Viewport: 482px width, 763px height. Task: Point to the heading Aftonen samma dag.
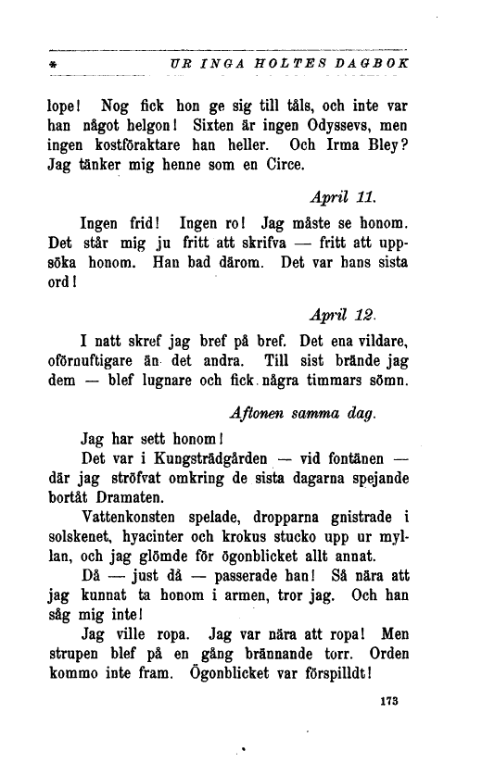point(302,414)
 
